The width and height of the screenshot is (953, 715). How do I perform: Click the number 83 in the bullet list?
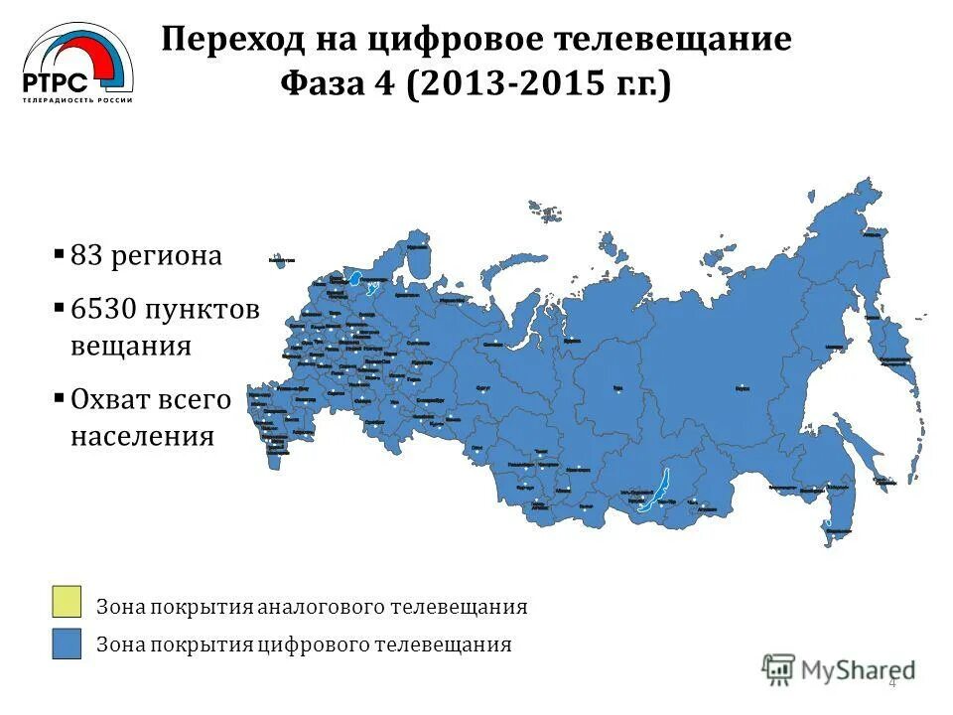(87, 255)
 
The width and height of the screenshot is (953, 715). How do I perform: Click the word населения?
(142, 435)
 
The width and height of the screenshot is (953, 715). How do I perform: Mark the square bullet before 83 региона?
(60, 254)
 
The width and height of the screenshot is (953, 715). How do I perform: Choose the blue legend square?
(67, 643)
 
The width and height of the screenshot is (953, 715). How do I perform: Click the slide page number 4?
(891, 681)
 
